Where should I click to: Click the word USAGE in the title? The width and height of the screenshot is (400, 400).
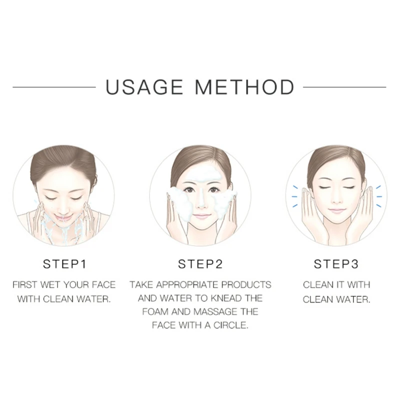pos(144,87)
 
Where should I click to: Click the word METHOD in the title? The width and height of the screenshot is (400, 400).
pos(245,87)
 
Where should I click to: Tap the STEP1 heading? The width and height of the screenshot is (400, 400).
pos(64,264)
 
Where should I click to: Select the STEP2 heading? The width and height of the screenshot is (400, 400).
pos(200,264)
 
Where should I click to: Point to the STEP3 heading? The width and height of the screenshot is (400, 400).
pos(336,264)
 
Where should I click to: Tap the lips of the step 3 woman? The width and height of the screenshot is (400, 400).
pos(336,210)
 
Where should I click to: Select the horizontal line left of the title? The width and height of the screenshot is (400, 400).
pos(54,87)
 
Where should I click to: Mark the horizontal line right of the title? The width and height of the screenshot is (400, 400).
pos(344,87)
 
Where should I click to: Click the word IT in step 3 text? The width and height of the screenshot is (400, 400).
pos(340,284)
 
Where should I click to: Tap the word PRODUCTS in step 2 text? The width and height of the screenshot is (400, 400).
pos(246,284)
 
